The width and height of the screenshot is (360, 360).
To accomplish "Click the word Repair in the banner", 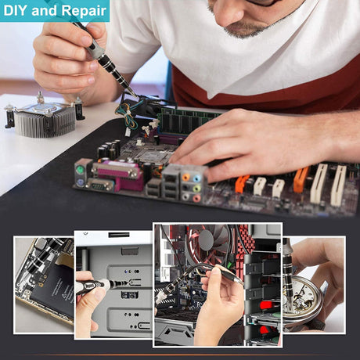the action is pyautogui.click(x=85, y=11).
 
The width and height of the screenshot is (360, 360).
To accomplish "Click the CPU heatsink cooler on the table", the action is pyautogui.click(x=44, y=115).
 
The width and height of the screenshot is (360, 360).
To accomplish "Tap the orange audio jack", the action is pyautogui.click(x=186, y=178).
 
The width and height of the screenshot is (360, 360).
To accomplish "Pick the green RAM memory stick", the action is pyautogui.click(x=188, y=121).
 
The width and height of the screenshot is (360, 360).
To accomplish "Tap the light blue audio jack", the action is pyautogui.click(x=197, y=178).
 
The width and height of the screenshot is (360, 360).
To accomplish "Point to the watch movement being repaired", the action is pyautogui.click(x=303, y=299).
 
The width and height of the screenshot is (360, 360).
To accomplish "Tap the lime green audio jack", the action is pyautogui.click(x=197, y=189).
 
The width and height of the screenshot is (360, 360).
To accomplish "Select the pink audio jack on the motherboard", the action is pyautogui.click(x=196, y=199).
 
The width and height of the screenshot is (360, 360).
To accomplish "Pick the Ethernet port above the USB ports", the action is pyautogui.click(x=171, y=178).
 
